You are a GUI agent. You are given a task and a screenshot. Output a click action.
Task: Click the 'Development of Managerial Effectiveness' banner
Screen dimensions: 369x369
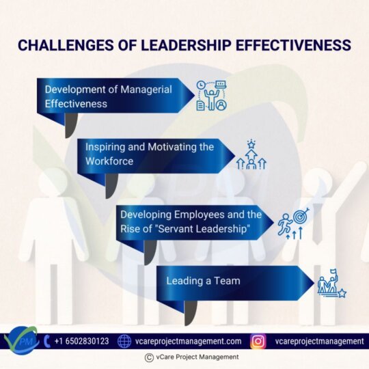(x=109, y=96)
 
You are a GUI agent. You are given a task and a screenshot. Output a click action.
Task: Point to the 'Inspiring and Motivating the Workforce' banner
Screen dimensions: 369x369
(x=150, y=154)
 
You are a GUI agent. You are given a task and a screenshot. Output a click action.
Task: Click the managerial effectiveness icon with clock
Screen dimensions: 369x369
(x=211, y=96)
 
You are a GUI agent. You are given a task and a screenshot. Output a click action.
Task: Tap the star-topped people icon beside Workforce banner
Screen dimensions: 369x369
(x=251, y=155)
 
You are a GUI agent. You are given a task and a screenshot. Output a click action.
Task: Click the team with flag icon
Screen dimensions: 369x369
(x=331, y=284)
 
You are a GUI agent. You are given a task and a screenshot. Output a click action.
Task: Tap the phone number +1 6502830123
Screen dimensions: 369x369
(x=81, y=341)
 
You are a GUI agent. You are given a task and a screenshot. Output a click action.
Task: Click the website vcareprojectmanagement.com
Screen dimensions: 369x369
(x=189, y=341)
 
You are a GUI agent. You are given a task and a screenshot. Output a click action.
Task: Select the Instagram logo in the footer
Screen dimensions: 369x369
(x=258, y=341)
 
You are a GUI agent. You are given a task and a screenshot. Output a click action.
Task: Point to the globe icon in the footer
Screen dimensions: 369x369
(x=124, y=341)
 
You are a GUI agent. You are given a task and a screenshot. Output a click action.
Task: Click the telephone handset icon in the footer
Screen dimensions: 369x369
(x=46, y=340)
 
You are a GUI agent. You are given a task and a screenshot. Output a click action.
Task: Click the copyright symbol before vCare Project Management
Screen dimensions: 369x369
(x=149, y=357)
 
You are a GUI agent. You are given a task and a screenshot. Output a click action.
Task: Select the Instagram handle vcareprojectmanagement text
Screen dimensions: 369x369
(x=319, y=341)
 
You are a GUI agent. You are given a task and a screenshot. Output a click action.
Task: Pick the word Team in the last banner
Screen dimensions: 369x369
(x=227, y=281)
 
